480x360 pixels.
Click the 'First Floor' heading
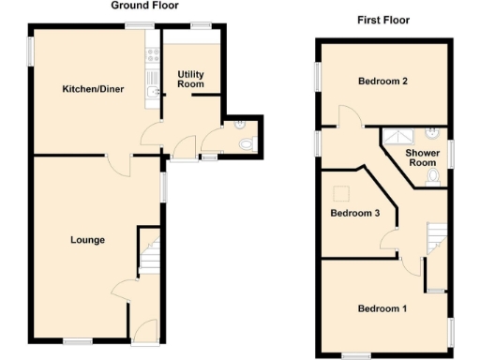tap(383, 20)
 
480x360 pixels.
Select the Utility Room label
tap(190, 79)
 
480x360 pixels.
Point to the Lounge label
tap(87, 240)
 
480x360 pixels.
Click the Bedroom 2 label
tap(382, 82)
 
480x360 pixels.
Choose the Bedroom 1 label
tap(382, 308)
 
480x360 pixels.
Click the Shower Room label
tap(422, 157)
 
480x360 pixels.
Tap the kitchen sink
tap(153, 91)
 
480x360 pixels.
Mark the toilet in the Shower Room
tap(432, 177)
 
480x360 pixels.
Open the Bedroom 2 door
tap(349, 116)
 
